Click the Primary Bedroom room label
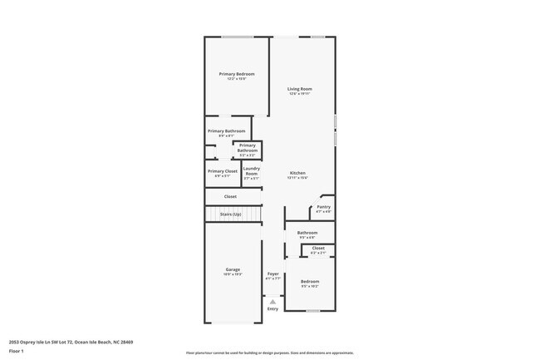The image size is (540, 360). (237, 74)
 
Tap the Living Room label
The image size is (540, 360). (299, 89)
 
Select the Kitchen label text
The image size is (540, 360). (298, 173)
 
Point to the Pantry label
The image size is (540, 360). (323, 207)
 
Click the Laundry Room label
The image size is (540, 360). (251, 171)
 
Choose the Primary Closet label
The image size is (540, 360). (223, 171)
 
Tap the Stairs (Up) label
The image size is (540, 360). (231, 215)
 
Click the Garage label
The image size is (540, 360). (233, 269)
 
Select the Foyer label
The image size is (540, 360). (272, 274)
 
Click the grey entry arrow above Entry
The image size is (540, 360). (272, 302)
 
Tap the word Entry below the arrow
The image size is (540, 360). (272, 309)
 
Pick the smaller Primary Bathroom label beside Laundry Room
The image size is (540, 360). (248, 148)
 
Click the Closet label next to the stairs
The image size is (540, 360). (230, 196)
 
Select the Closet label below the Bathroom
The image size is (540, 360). (318, 248)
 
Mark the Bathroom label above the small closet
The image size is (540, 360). (307, 233)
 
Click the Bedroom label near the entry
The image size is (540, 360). (309, 282)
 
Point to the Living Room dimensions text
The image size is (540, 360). (299, 94)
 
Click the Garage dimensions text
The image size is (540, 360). (233, 274)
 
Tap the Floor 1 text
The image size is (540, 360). (17, 351)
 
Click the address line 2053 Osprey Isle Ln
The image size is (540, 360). (71, 342)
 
